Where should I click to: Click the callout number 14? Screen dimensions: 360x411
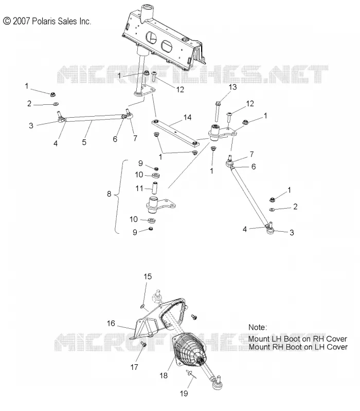point(187,118)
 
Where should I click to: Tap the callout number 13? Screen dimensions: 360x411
point(232,87)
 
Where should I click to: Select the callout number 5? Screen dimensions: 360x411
point(84,142)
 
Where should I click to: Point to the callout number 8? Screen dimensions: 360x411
point(109,194)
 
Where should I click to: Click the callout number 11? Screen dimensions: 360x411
point(139,188)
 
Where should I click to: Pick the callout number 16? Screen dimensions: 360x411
point(111,323)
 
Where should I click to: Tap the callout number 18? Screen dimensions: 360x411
point(164,376)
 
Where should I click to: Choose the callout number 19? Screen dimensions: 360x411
point(184,393)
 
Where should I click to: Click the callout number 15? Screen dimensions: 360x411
point(148,276)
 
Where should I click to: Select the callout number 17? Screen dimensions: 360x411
point(134,367)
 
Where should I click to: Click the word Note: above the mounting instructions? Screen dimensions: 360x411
point(258,327)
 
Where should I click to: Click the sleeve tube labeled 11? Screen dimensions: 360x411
point(155,187)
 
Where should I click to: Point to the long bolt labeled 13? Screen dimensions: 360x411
point(217,111)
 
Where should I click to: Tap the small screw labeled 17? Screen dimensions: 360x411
point(143,344)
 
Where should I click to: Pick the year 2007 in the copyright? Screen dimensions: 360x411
point(22,21)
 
